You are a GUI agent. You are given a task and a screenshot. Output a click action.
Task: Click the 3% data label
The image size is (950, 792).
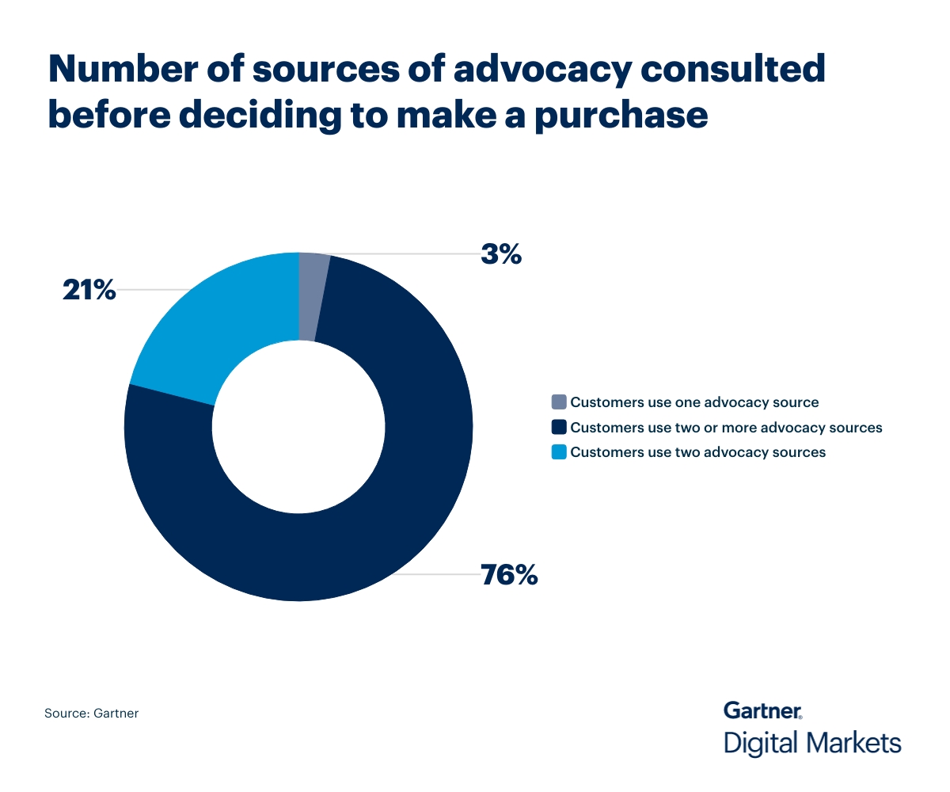501,254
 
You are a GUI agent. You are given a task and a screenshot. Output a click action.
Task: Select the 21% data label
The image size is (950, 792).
89,290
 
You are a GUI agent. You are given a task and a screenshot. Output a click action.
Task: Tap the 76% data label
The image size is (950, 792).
509,574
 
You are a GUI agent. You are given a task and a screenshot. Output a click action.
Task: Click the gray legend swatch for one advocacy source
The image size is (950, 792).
559,402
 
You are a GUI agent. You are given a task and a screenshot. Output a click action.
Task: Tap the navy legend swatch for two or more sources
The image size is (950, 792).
559,428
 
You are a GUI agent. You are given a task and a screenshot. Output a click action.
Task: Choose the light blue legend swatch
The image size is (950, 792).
559,452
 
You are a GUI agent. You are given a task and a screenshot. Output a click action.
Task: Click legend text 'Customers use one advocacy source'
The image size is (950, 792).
694,402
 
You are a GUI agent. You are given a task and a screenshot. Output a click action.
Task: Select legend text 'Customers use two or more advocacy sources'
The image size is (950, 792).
726,428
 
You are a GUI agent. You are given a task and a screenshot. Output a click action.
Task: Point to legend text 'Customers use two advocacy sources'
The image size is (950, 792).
697,452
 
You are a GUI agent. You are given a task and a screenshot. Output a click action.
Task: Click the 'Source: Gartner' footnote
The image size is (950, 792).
91,714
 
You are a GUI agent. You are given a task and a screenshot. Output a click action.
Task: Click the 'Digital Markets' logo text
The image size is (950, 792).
812,744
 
